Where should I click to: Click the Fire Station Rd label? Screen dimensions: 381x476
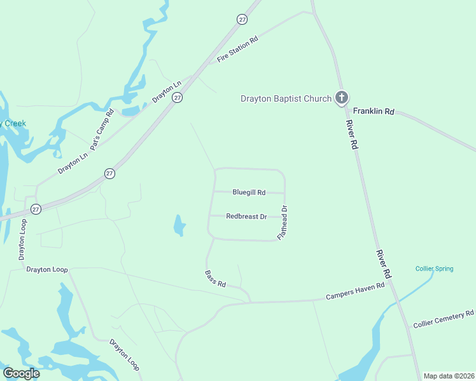pos(237,49)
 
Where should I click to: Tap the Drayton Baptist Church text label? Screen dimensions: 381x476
pos(286,98)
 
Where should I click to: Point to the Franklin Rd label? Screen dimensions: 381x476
pos(374,111)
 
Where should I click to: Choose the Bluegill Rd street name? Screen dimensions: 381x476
pos(249,192)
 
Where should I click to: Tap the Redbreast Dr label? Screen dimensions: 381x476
pos(246,217)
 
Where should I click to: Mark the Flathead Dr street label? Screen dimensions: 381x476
pos(283,222)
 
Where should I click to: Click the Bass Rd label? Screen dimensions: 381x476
pos(216,279)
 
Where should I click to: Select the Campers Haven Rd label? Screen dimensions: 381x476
pos(355,291)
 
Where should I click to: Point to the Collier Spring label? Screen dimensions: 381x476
pos(435,269)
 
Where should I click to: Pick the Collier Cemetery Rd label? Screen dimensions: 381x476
pos(444,319)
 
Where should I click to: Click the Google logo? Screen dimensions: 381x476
pos(21,373)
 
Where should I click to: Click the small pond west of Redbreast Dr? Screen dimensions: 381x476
pos(179,225)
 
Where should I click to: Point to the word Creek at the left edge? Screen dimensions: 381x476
pos(14,123)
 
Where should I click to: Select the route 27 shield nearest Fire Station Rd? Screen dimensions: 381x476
pos(242,20)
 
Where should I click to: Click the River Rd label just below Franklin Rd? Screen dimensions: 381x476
pos(352,135)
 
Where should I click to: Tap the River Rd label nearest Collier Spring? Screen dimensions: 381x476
pos(383,264)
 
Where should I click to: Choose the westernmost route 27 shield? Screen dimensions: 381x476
pos(36,209)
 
